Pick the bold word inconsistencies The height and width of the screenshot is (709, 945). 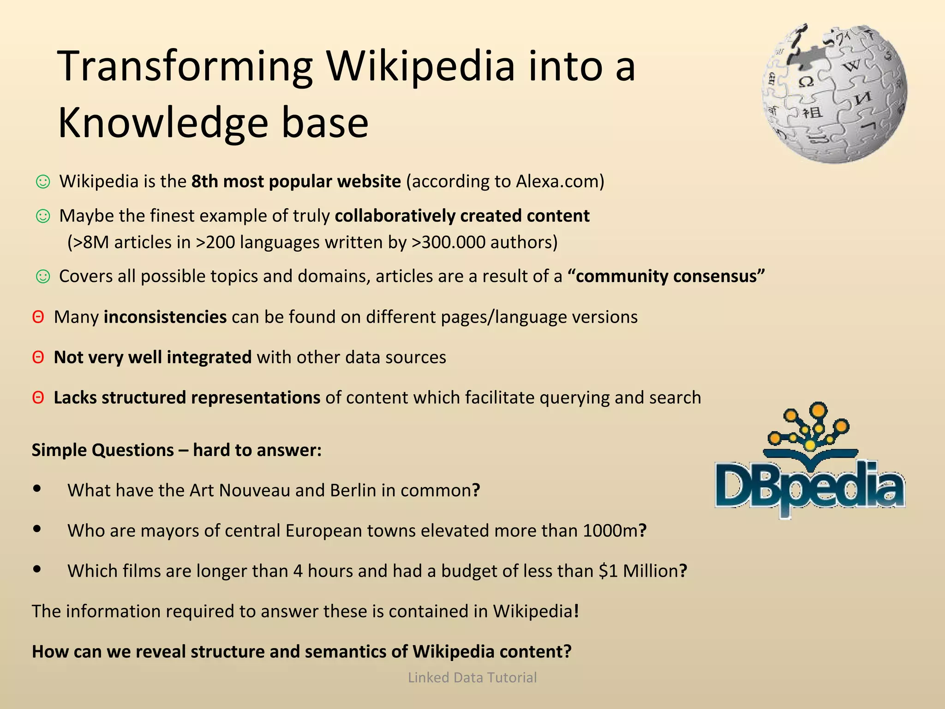coord(165,317)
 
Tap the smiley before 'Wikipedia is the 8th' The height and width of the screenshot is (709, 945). coord(43,182)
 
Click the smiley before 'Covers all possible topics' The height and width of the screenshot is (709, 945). coord(43,276)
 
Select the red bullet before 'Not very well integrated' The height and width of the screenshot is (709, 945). coord(38,357)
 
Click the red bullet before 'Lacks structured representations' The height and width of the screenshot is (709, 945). coord(38,397)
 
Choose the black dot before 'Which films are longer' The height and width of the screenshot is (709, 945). coord(37,570)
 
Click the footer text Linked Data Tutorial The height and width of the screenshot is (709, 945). coord(472,678)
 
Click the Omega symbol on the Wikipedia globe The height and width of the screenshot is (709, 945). coord(806,82)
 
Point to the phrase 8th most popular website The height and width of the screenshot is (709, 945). coord(296,181)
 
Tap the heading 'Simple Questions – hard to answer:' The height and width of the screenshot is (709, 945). coord(176,450)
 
